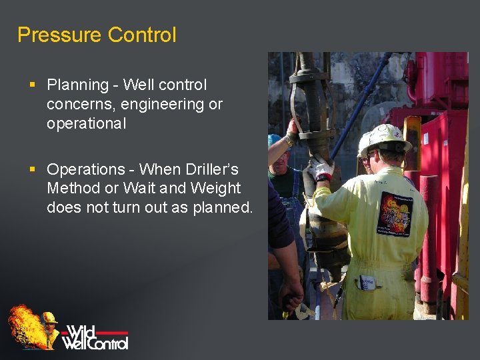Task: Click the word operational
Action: (86, 124)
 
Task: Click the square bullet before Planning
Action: (33, 85)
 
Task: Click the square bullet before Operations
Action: (33, 169)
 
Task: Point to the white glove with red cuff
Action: (322, 168)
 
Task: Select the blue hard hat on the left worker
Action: (275, 141)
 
